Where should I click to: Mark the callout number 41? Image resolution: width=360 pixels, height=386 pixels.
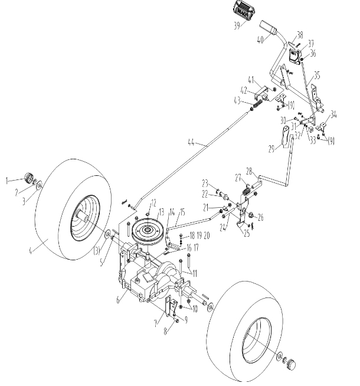click(x=250, y=79)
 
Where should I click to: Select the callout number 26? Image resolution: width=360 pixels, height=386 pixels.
click(x=260, y=217)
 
